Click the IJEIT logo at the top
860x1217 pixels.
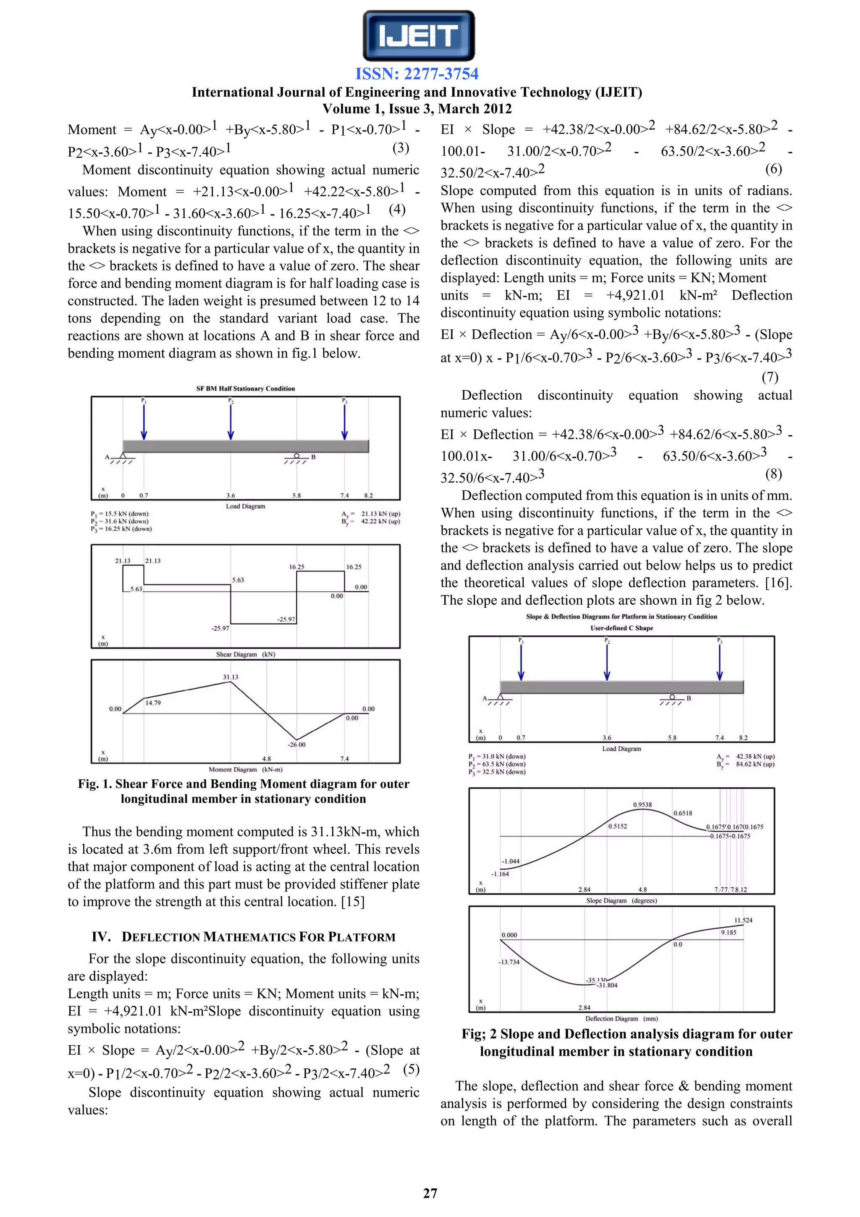[418, 36]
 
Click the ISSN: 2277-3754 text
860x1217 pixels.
[417, 73]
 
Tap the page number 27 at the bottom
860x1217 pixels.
[430, 1193]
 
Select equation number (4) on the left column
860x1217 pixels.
[397, 210]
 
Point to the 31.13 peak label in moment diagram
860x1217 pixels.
[231, 677]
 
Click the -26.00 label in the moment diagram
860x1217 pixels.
[297, 744]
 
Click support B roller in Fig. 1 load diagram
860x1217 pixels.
[297, 456]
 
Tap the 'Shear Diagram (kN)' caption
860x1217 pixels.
[245, 654]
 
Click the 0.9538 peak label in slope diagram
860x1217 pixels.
[642, 805]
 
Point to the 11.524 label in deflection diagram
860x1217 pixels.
[743, 920]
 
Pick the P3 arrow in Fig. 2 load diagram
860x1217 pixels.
[720, 663]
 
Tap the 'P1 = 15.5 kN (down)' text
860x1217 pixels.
[120, 514]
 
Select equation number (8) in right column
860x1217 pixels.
[773, 473]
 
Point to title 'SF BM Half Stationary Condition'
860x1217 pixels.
[245, 388]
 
